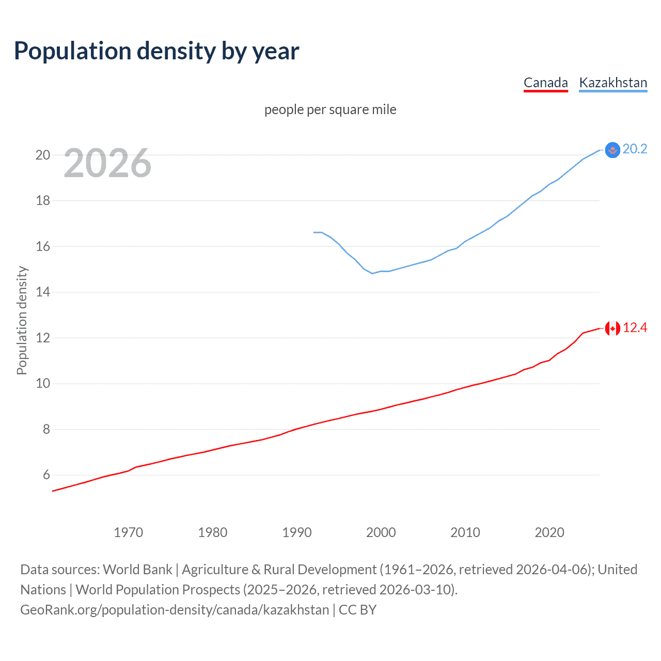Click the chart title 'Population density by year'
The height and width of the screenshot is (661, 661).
[x=156, y=51]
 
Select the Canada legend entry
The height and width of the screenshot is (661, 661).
[x=545, y=83]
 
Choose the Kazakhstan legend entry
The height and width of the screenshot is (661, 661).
[x=613, y=83]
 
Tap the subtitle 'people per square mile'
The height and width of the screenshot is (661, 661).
[x=330, y=109]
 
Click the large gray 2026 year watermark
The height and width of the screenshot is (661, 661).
[x=107, y=163]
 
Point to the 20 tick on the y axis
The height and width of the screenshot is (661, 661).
[x=43, y=155]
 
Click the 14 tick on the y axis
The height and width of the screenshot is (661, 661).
[x=43, y=292]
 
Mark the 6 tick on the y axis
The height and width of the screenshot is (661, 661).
[x=46, y=475]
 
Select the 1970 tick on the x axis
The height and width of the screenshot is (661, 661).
[x=128, y=532]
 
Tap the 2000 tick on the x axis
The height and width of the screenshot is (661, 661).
[x=381, y=532]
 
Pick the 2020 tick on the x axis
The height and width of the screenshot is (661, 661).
[x=549, y=532]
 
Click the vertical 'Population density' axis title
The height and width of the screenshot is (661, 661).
[x=22, y=320]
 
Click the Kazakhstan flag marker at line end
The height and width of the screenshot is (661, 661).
[x=612, y=150]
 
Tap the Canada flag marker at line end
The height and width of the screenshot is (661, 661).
[x=612, y=328]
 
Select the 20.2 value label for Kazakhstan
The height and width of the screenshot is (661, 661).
[x=635, y=149]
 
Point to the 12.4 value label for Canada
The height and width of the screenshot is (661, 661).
[x=635, y=328]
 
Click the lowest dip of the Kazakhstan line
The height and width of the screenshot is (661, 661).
[x=372, y=273]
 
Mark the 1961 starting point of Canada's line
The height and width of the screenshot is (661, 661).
[x=53, y=491]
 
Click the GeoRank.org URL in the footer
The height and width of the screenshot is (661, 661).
[x=175, y=610]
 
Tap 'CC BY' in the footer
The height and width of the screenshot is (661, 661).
[x=357, y=610]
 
